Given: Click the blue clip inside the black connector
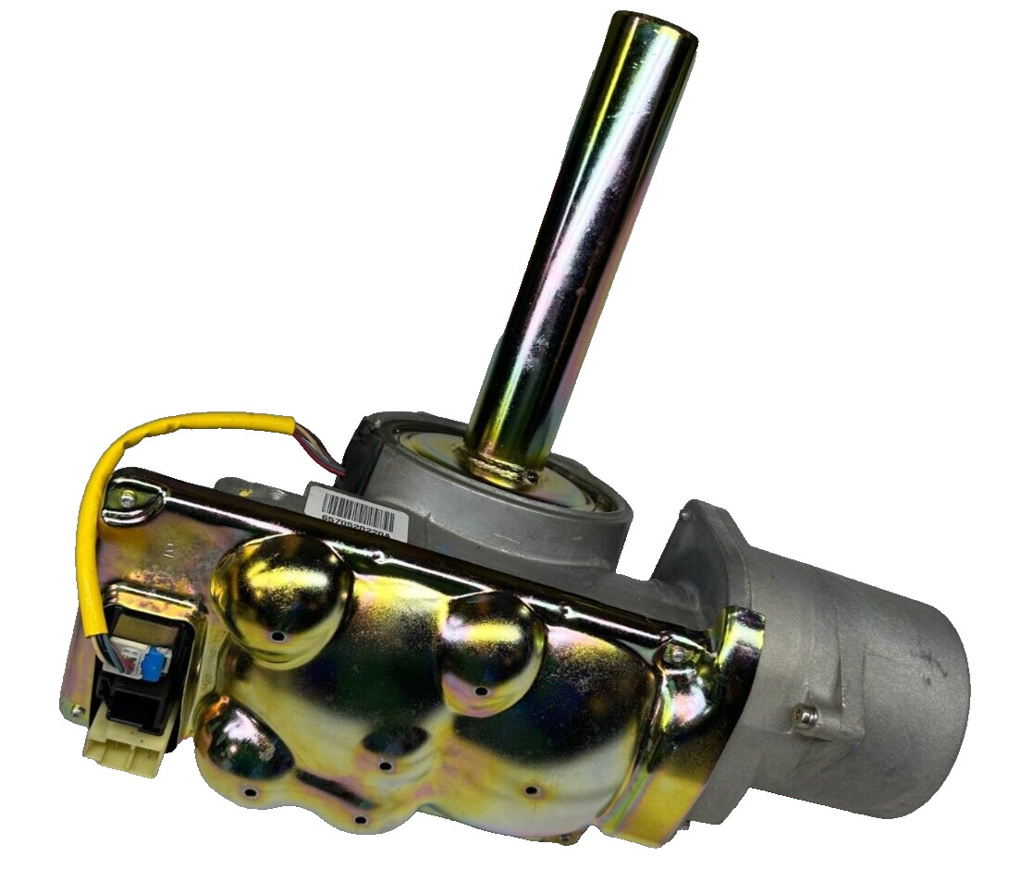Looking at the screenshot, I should (150, 661).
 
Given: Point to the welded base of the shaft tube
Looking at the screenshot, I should (504, 466).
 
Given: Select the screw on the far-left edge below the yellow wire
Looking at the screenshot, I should (75, 710).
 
